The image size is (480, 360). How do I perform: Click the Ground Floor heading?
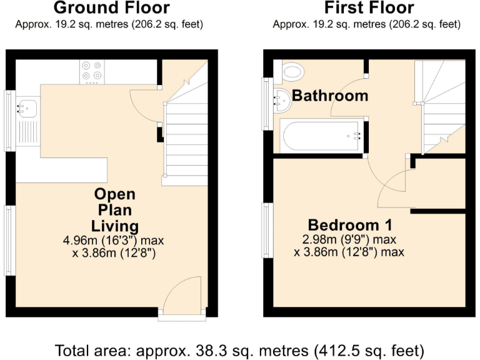(111, 8)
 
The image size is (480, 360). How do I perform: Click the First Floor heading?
(369, 8)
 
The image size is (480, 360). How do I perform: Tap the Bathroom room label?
(330, 96)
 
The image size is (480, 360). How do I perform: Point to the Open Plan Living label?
(115, 209)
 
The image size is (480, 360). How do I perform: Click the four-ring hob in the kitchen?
(92, 71)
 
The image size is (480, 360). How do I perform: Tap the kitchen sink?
(27, 107)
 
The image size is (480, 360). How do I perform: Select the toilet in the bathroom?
(291, 71)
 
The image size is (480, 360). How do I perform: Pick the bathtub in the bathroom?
(321, 136)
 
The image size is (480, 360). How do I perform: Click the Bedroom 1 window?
(267, 231)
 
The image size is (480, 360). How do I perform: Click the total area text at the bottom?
(240, 349)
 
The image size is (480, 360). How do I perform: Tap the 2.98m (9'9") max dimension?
(349, 240)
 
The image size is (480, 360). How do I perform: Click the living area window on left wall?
(9, 241)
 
